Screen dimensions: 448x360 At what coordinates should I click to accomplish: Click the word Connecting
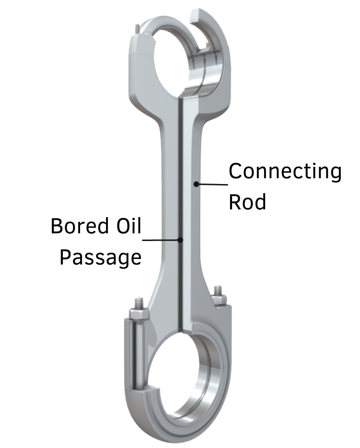(285, 172)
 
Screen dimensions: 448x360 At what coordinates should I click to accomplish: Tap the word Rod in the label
(247, 202)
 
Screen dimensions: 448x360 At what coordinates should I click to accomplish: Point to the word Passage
(101, 257)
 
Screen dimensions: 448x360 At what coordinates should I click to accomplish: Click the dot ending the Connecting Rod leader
(196, 183)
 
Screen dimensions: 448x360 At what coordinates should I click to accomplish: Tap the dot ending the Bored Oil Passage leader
(181, 239)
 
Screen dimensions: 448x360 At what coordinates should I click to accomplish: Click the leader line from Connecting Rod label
(212, 184)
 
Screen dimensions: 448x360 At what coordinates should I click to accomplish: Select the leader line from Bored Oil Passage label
(162, 239)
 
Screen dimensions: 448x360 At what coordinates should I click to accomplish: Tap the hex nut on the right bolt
(219, 299)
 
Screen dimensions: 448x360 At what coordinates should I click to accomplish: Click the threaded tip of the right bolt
(219, 289)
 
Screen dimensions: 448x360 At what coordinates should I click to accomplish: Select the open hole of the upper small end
(161, 57)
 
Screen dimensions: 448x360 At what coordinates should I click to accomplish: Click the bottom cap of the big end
(182, 431)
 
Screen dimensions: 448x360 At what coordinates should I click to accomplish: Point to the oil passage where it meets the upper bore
(181, 101)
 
